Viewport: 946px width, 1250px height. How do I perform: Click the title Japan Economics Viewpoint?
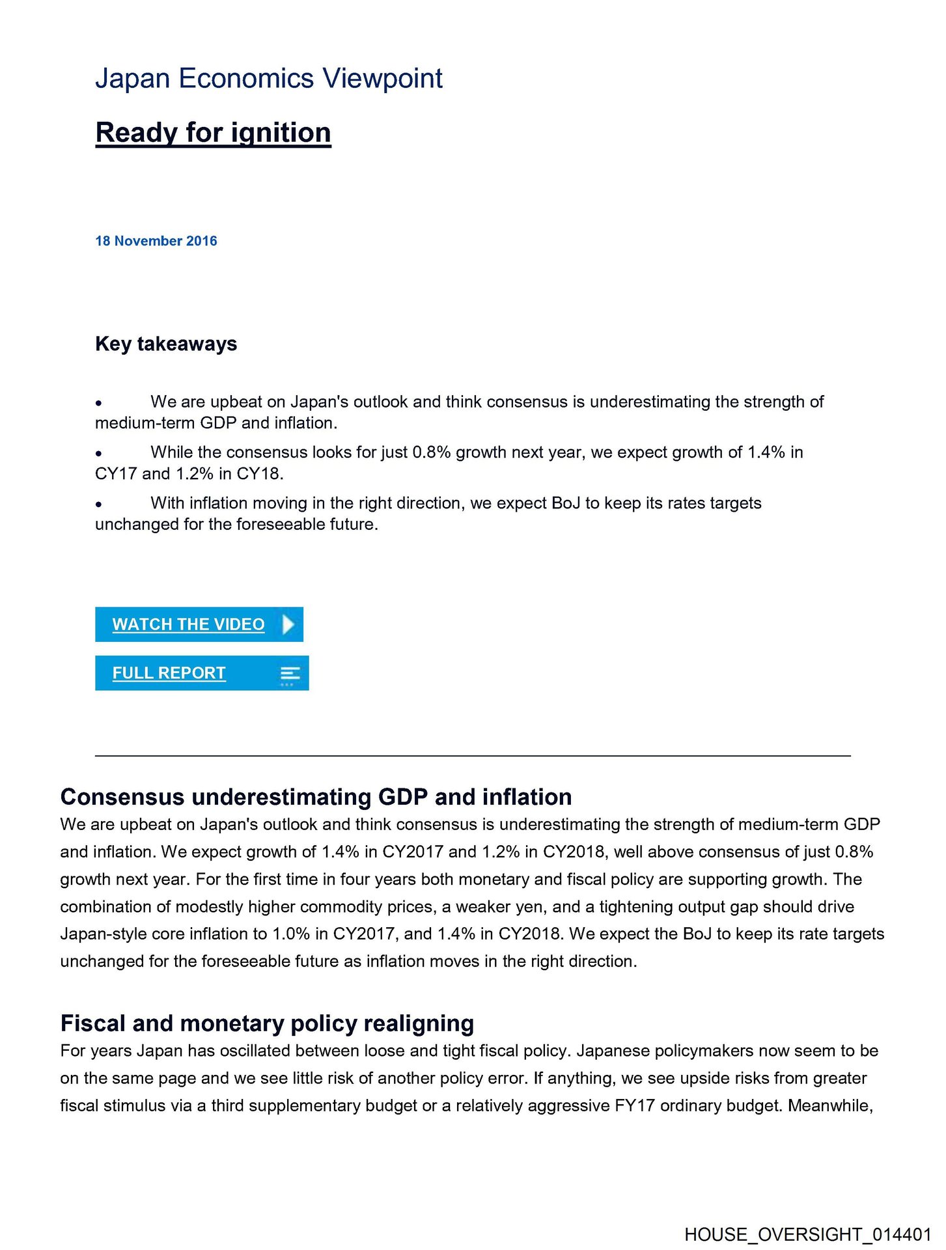[x=268, y=79]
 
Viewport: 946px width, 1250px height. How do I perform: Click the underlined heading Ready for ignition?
[x=213, y=133]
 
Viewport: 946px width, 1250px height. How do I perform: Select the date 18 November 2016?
[x=156, y=241]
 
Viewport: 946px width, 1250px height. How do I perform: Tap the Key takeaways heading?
[x=166, y=344]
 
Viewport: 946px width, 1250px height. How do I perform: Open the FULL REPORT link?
[x=169, y=673]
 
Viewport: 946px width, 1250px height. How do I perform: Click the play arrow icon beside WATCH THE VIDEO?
[x=288, y=624]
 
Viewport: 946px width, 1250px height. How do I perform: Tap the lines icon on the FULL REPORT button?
[x=290, y=674]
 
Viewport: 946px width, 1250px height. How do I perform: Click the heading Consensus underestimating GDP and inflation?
[x=316, y=797]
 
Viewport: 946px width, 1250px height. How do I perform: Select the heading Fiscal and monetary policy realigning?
[x=267, y=1023]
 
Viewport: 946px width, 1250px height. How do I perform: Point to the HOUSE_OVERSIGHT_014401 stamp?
[x=808, y=1234]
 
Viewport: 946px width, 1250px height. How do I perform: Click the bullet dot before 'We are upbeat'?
[x=98, y=404]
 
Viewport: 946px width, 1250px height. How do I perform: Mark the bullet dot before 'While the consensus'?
[x=98, y=454]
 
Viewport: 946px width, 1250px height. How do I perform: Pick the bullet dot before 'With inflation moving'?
[x=98, y=505]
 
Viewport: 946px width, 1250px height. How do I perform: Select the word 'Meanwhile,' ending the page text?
[x=830, y=1106]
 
